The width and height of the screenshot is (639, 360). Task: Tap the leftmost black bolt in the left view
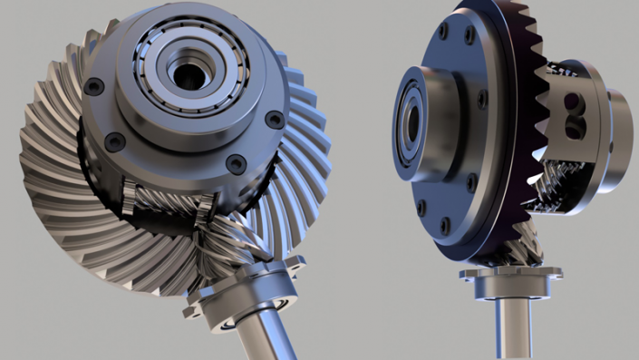[94, 86]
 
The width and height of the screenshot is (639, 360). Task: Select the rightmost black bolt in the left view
[275, 119]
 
